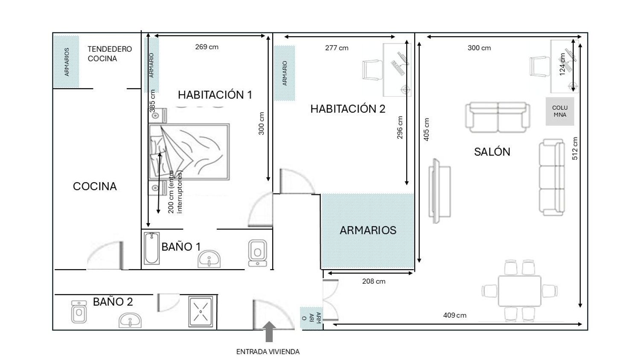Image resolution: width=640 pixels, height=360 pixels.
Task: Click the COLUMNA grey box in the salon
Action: tap(560, 111)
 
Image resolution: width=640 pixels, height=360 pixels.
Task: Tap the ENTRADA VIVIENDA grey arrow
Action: tap(269, 332)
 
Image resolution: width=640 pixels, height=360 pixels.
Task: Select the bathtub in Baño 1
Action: tap(151, 248)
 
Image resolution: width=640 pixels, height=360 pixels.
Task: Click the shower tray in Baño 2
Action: tap(201, 311)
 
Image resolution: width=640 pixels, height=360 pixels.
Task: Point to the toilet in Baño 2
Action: tap(79, 311)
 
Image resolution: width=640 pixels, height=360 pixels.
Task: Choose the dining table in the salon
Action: tap(519, 291)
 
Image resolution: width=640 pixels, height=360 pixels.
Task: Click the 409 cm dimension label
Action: tap(454, 315)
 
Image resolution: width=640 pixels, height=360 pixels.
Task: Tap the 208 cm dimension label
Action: tap(374, 281)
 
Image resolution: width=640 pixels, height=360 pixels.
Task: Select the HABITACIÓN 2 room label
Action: tap(348, 109)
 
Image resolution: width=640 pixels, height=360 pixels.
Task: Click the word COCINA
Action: tap(95, 186)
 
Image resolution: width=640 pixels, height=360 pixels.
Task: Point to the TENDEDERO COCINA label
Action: tap(110, 54)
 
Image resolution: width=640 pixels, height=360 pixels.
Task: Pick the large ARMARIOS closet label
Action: tap(368, 230)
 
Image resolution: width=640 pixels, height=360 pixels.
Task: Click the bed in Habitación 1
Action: tap(189, 152)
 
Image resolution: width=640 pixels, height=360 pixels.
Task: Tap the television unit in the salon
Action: tap(439, 191)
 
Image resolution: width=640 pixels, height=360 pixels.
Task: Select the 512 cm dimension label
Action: tap(575, 148)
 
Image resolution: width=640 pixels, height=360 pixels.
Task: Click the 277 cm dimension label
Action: tap(337, 48)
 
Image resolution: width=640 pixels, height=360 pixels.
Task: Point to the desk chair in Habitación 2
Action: tap(372, 70)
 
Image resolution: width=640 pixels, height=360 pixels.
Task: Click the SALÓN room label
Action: tap(492, 152)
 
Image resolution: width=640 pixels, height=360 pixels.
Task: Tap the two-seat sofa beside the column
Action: tap(497, 117)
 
